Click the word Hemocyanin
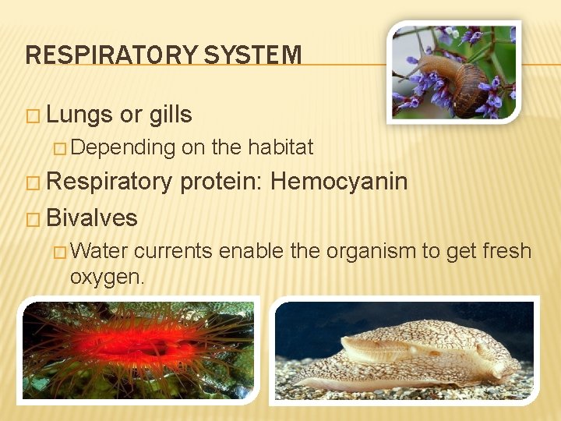point(339,182)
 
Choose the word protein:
point(221,182)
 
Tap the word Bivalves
point(92,218)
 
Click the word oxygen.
point(107,276)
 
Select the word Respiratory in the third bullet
point(108,182)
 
